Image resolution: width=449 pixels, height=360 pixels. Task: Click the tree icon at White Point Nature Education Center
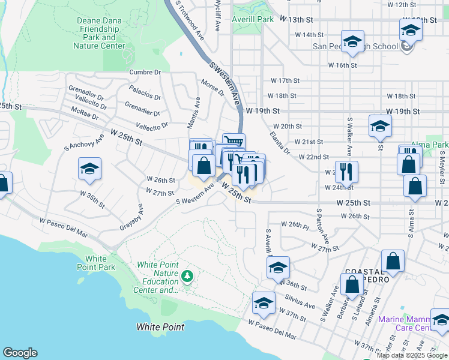(188, 275)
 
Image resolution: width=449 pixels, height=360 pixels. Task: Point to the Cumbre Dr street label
(145, 72)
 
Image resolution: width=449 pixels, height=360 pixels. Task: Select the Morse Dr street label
(212, 88)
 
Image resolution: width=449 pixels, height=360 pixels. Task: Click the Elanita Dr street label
(279, 142)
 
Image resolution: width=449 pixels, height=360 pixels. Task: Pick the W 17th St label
(285, 80)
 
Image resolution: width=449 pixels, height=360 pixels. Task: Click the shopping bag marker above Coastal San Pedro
(393, 260)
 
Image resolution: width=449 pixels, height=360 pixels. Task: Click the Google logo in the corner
(20, 353)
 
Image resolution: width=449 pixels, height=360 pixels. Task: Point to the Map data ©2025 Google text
(412, 355)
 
